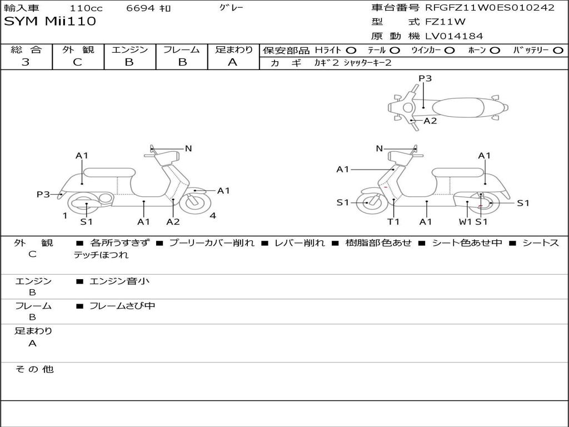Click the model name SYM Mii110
click(50, 22)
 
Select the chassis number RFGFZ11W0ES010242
click(490, 8)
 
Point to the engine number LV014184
click(454, 36)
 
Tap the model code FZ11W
click(445, 22)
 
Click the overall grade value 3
click(26, 62)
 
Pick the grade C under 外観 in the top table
click(77, 62)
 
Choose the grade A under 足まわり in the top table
click(232, 62)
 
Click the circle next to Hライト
click(351, 51)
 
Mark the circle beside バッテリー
click(558, 51)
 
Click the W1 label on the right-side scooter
click(465, 221)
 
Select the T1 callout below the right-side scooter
click(393, 221)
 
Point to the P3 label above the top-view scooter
click(425, 78)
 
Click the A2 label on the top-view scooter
click(431, 121)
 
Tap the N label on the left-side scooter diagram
click(188, 148)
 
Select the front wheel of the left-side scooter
click(194, 202)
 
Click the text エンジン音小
click(119, 281)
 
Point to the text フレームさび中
click(122, 306)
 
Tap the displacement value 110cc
click(86, 8)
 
